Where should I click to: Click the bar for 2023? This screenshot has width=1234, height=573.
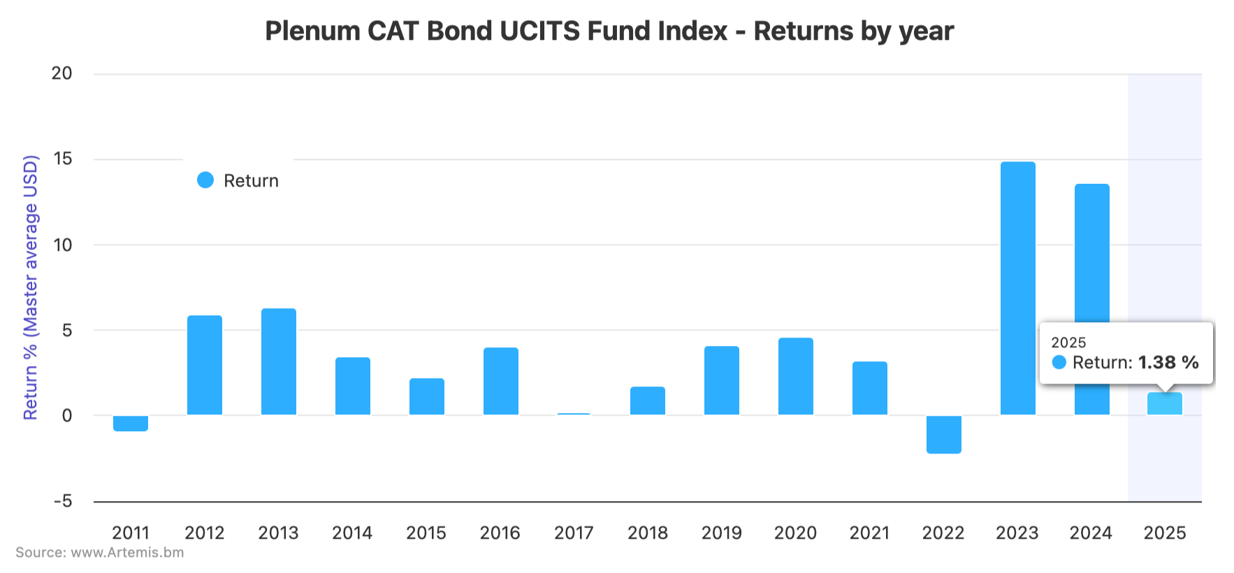(1017, 288)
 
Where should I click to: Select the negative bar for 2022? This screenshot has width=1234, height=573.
(943, 434)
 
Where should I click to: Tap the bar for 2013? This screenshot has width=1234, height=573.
(279, 361)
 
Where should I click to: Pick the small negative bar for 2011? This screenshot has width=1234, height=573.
(131, 423)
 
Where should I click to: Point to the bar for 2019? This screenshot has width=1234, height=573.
(722, 380)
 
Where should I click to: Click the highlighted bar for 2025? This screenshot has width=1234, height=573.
(1165, 404)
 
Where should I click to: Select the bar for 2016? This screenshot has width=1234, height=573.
(500, 381)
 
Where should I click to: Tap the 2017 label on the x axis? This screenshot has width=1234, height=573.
(574, 533)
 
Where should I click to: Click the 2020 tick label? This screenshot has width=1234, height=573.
(795, 533)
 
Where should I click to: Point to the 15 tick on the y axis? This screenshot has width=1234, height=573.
(62, 159)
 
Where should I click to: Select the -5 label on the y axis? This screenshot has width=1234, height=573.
(62, 501)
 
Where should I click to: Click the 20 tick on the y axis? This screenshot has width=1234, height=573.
(61, 73)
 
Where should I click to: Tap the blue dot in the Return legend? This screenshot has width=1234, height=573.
(205, 180)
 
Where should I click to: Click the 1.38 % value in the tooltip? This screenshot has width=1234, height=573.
(1168, 362)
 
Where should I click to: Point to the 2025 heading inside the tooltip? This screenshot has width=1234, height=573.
(1068, 342)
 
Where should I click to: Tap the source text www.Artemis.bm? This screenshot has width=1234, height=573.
(127, 553)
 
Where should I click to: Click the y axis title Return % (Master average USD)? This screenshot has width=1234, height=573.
(31, 287)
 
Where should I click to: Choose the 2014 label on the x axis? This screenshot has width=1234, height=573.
(352, 533)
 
